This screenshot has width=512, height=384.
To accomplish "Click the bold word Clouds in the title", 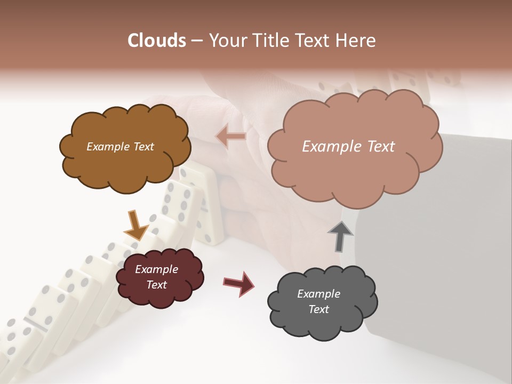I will pos(157,41).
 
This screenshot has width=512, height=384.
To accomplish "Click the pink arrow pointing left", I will pos(231,137).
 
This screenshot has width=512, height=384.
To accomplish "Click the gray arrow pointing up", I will pos(340,236).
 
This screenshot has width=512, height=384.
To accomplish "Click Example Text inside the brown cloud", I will pos(120,147).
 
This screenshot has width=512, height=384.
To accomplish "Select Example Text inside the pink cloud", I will pos(348,147).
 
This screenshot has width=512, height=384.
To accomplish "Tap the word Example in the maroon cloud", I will pos(156,269).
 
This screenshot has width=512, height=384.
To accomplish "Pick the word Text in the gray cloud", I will pos(318,309).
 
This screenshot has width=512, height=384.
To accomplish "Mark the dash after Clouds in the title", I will pos(196,41).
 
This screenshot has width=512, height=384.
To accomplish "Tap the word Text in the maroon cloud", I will pos(156,285).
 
